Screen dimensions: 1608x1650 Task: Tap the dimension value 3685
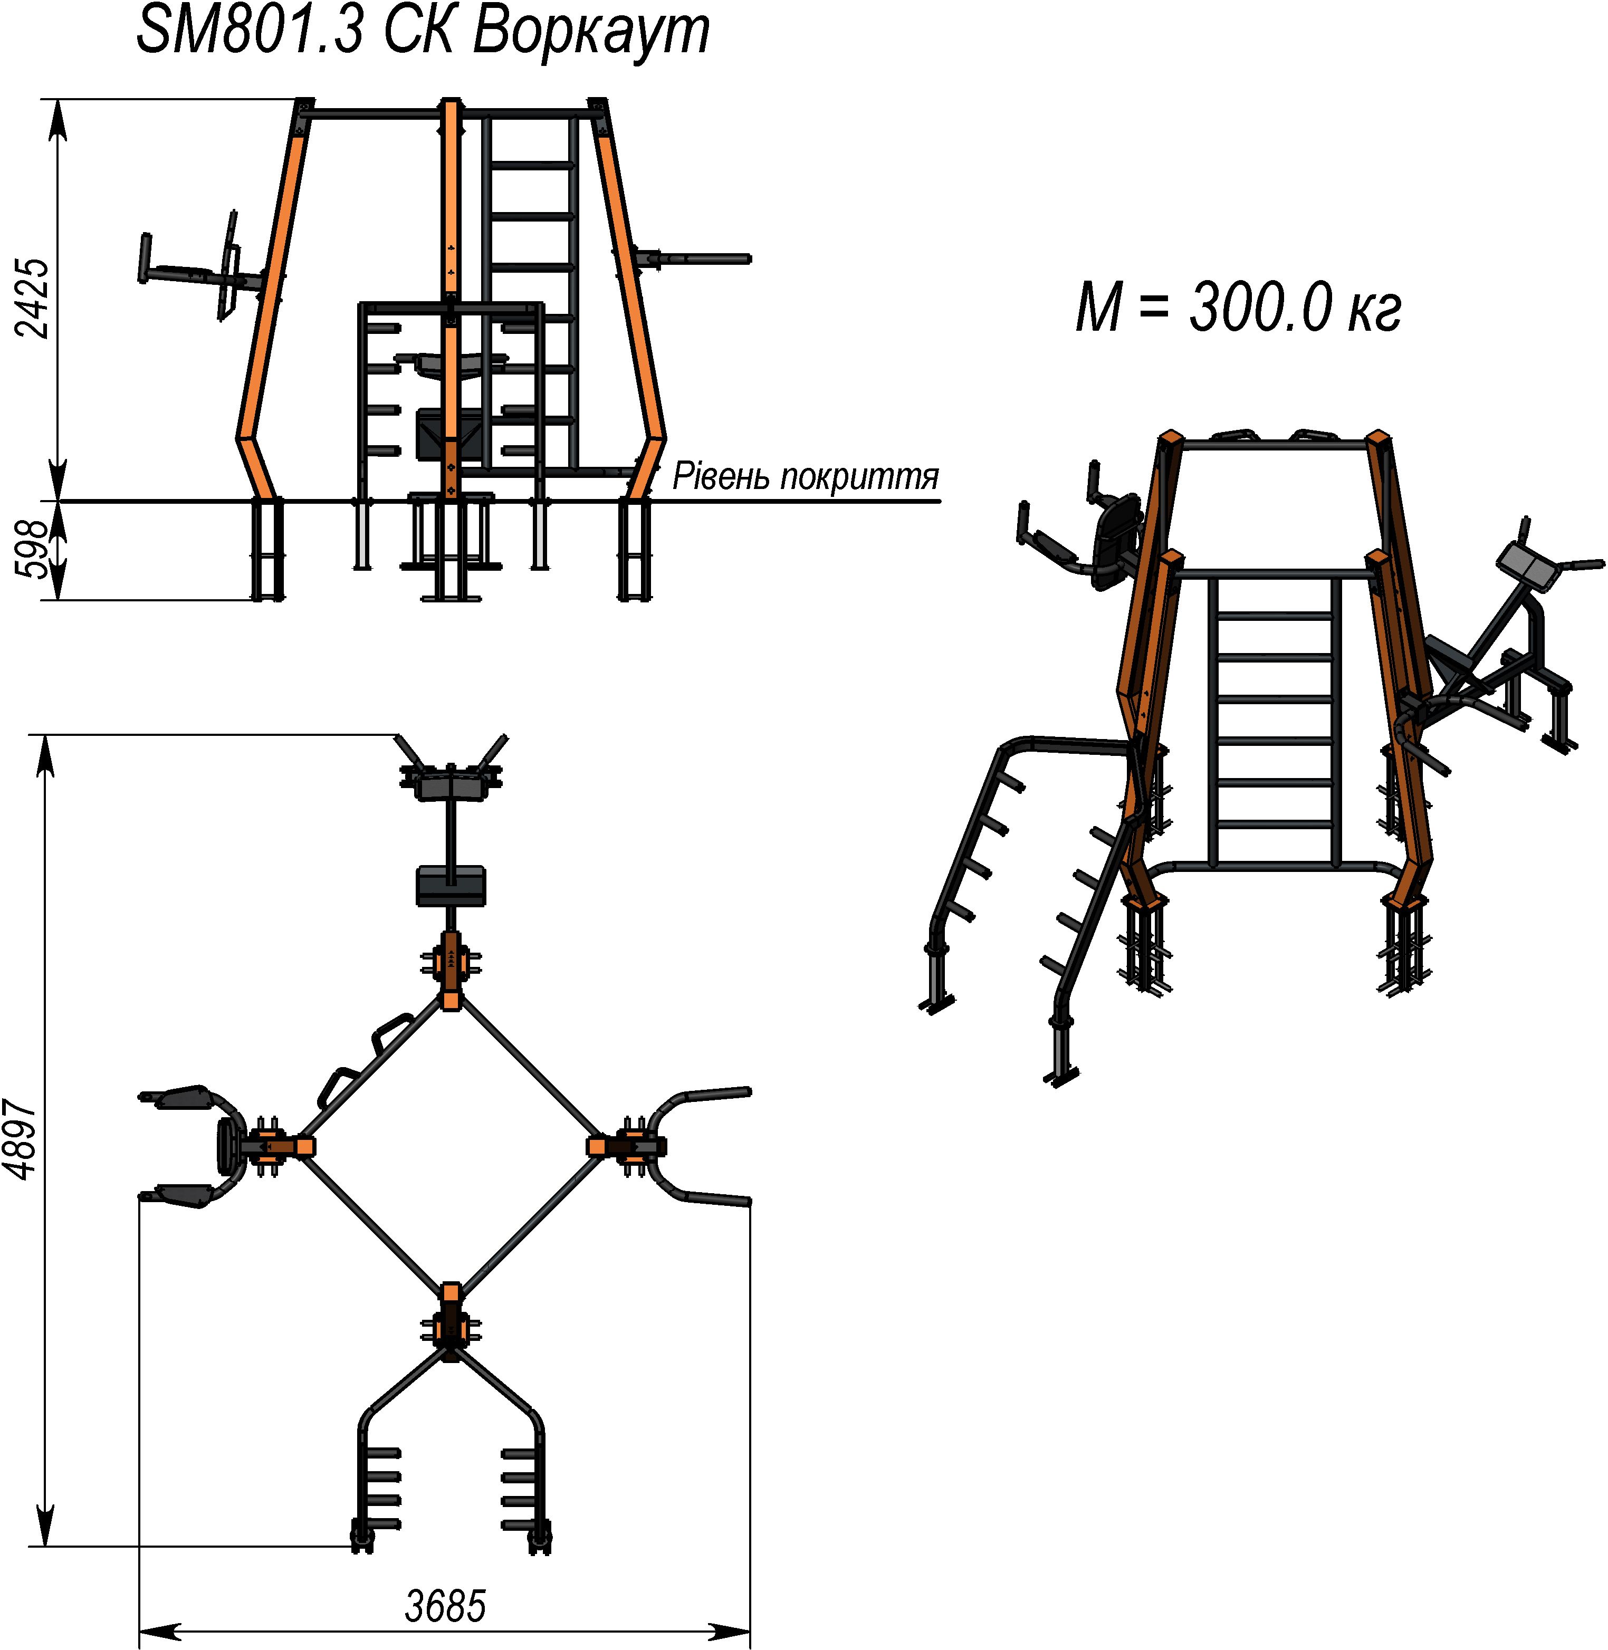point(445,1605)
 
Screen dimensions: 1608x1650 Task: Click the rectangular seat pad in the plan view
point(451,886)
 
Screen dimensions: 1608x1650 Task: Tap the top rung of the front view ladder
point(530,166)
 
